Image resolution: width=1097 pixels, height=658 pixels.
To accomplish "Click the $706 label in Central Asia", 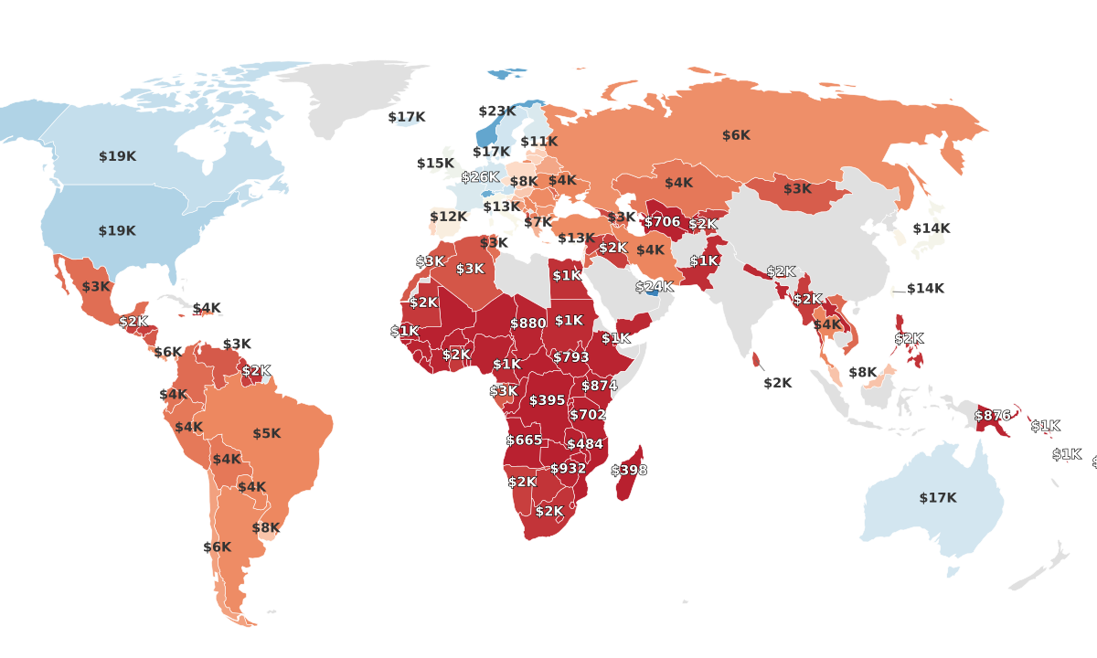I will click(x=663, y=222).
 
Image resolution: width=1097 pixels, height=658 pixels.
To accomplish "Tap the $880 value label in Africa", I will click(x=528, y=324).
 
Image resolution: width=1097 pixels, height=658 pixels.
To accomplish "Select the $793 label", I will click(x=571, y=357).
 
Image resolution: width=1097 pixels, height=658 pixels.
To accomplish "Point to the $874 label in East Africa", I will click(x=600, y=386).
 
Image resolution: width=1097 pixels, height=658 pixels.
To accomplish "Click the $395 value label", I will click(x=547, y=400).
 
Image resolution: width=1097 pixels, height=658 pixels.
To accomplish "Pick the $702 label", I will click(x=588, y=415).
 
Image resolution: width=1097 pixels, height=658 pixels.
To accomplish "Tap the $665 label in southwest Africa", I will click(x=524, y=440).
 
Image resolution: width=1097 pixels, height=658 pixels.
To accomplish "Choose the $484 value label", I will click(x=585, y=444).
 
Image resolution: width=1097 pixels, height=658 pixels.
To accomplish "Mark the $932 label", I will click(x=568, y=468).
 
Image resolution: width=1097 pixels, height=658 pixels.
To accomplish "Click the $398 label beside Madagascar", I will click(x=629, y=470).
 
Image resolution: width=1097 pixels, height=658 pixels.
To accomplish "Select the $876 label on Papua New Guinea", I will click(x=993, y=415).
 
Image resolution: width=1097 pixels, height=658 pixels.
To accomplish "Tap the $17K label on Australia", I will click(x=938, y=498).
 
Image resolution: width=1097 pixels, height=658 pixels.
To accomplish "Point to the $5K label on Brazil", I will click(x=267, y=433).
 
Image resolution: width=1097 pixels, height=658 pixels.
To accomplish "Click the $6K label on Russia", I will click(x=736, y=135).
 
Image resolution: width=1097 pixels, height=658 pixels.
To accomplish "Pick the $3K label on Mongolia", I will click(x=797, y=188).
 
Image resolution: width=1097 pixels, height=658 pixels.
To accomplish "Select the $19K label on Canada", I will click(x=117, y=156).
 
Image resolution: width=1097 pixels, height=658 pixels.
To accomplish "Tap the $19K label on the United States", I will click(x=117, y=231).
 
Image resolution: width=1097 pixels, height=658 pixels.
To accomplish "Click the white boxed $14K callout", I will click(x=925, y=288).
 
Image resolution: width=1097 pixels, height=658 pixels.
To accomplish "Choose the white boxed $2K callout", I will click(x=778, y=383).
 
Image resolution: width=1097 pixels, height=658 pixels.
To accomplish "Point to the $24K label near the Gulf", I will click(x=655, y=286).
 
